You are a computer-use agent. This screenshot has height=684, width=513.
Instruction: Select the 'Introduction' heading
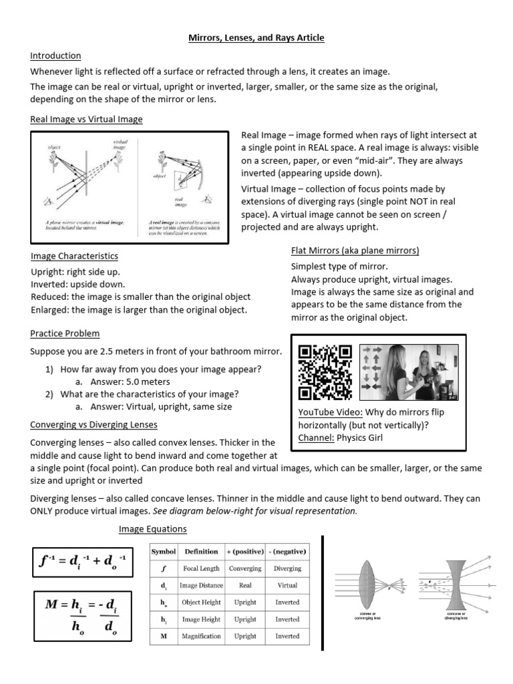pos(56,55)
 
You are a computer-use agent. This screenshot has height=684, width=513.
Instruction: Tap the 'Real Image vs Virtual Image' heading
pos(86,120)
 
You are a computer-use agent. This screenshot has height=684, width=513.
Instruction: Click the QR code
pos(325,372)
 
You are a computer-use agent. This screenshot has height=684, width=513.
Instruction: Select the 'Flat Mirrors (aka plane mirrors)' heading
pos(355,250)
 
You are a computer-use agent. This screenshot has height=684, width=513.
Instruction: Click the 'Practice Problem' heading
pos(65,333)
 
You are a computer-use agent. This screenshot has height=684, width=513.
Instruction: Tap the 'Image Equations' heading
pos(152,529)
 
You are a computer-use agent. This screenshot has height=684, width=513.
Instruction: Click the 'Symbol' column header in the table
pos(163,551)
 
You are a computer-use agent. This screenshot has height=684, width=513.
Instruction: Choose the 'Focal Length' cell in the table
pos(201,568)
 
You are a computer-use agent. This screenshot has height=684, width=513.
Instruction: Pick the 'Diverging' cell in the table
pos(287,568)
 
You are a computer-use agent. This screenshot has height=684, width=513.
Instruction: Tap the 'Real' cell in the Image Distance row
pos(245,585)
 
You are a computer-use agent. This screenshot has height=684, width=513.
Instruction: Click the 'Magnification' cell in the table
pos(201,636)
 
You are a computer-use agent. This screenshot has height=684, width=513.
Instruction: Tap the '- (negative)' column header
pos(287,551)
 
